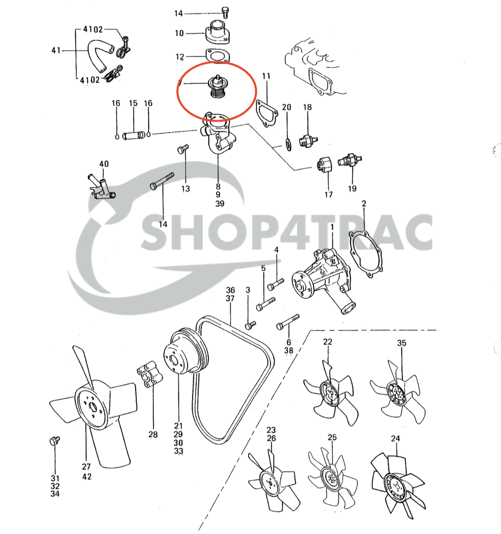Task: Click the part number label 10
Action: (179, 33)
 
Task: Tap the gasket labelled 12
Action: (217, 55)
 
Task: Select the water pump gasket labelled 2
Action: (365, 254)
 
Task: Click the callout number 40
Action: (104, 164)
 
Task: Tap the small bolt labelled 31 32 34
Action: (54, 441)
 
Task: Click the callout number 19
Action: (352, 189)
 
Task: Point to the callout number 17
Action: (328, 194)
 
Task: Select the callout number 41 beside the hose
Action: (56, 50)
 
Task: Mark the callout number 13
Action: (185, 189)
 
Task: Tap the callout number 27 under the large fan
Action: (86, 467)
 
